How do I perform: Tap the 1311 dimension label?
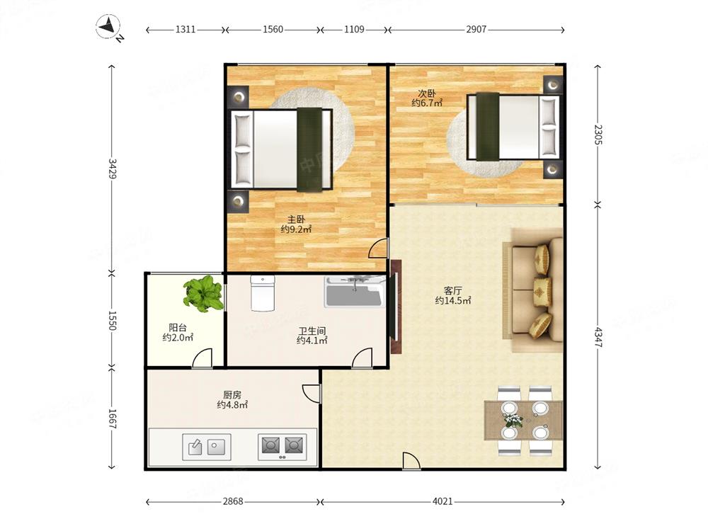point(185,29)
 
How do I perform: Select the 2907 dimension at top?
point(476,29)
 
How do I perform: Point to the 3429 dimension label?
point(112,168)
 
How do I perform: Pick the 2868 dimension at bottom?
point(233,501)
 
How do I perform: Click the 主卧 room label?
point(296,220)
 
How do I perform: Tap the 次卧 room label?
point(427,93)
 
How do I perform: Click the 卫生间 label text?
point(312,331)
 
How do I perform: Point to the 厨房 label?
point(232,395)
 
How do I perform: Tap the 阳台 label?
point(178,328)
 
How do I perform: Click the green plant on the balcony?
point(204,293)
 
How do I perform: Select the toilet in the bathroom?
point(263,294)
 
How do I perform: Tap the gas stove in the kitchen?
point(282,447)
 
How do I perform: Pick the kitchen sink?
point(207,447)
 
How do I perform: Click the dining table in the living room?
point(523,421)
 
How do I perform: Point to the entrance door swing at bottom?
point(411,462)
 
